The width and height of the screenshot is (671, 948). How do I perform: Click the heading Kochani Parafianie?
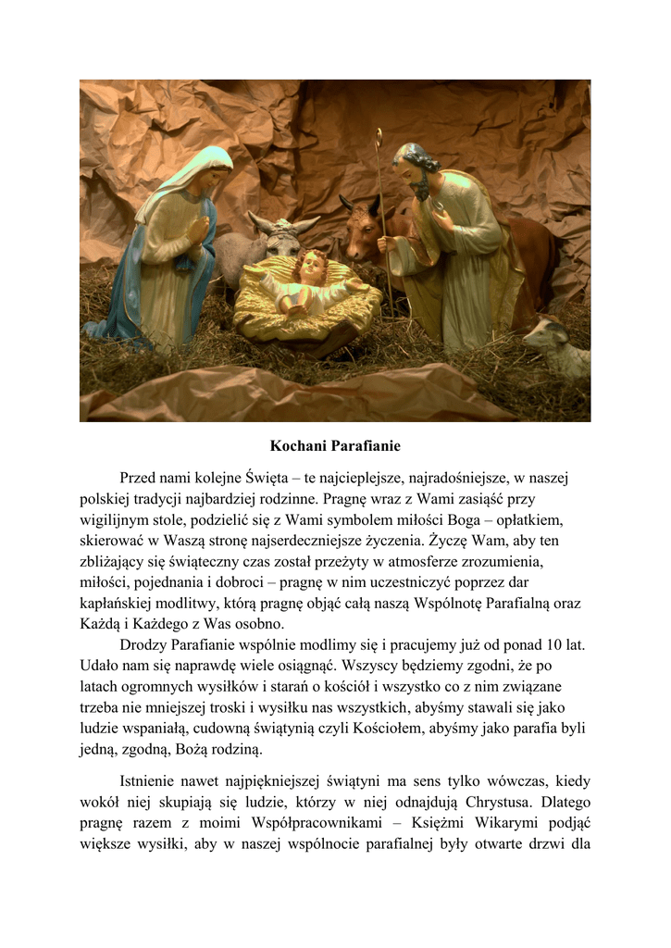[x=335, y=446]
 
